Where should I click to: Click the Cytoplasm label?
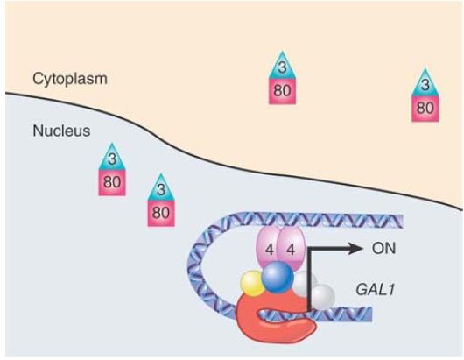pyautogui.click(x=70, y=79)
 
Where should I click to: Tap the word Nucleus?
pyautogui.click(x=61, y=131)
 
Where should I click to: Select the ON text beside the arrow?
pyautogui.click(x=383, y=249)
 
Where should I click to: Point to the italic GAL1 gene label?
pyautogui.click(x=375, y=289)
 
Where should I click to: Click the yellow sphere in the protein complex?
pyautogui.click(x=253, y=284)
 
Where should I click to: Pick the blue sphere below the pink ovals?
pyautogui.click(x=278, y=277)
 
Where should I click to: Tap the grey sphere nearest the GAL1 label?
pyautogui.click(x=323, y=296)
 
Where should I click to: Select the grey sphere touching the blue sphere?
pyautogui.click(x=304, y=284)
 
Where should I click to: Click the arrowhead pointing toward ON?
pyautogui.click(x=355, y=248)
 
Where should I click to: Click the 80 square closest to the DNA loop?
pyautogui.click(x=161, y=213)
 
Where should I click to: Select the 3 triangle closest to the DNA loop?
pyautogui.click(x=161, y=188)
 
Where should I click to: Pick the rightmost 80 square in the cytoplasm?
pyautogui.click(x=425, y=108)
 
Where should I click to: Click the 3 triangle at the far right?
pyautogui.click(x=425, y=84)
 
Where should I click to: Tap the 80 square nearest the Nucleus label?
pyautogui.click(x=112, y=182)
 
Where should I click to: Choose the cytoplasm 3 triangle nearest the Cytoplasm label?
pyautogui.click(x=282, y=67)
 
